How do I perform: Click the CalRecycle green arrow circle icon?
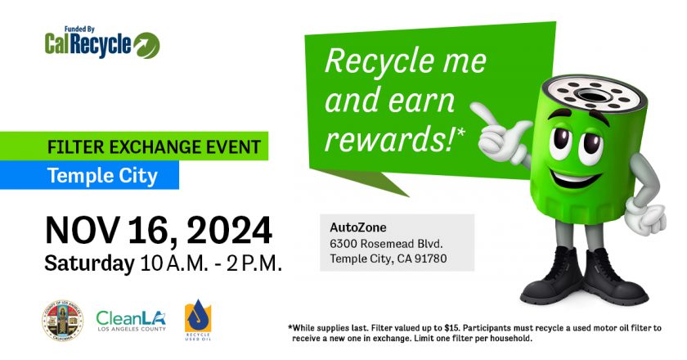tap(146, 45)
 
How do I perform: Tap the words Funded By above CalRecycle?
tap(79, 29)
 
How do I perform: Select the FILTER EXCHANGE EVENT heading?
tap(155, 147)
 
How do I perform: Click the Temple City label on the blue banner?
tap(102, 175)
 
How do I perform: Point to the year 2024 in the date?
tap(229, 230)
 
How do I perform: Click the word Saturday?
tap(89, 263)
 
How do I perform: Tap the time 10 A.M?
tap(174, 263)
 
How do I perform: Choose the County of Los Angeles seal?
tap(63, 321)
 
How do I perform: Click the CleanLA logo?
tap(131, 321)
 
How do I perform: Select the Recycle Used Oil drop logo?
tap(198, 320)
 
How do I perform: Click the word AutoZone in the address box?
tap(358, 227)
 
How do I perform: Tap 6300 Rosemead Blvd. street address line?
tap(386, 243)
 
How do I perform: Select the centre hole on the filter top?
tap(592, 95)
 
